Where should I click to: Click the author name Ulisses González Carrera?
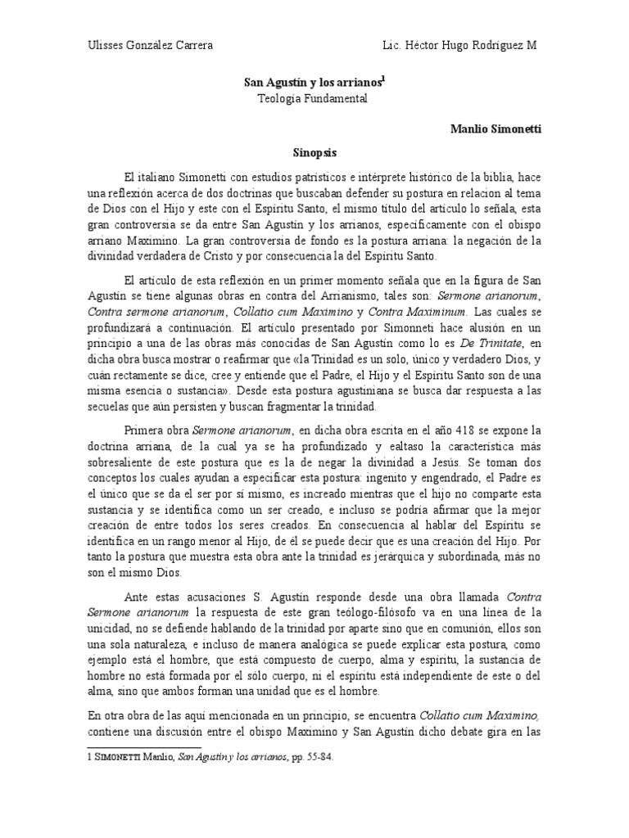tap(150, 45)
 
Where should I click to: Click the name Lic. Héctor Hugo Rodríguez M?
tap(460, 45)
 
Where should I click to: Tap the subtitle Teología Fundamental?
tap(314, 99)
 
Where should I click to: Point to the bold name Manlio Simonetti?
tap(496, 129)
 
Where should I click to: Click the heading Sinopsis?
tap(315, 152)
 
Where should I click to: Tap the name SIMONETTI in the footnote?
tap(123, 758)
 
